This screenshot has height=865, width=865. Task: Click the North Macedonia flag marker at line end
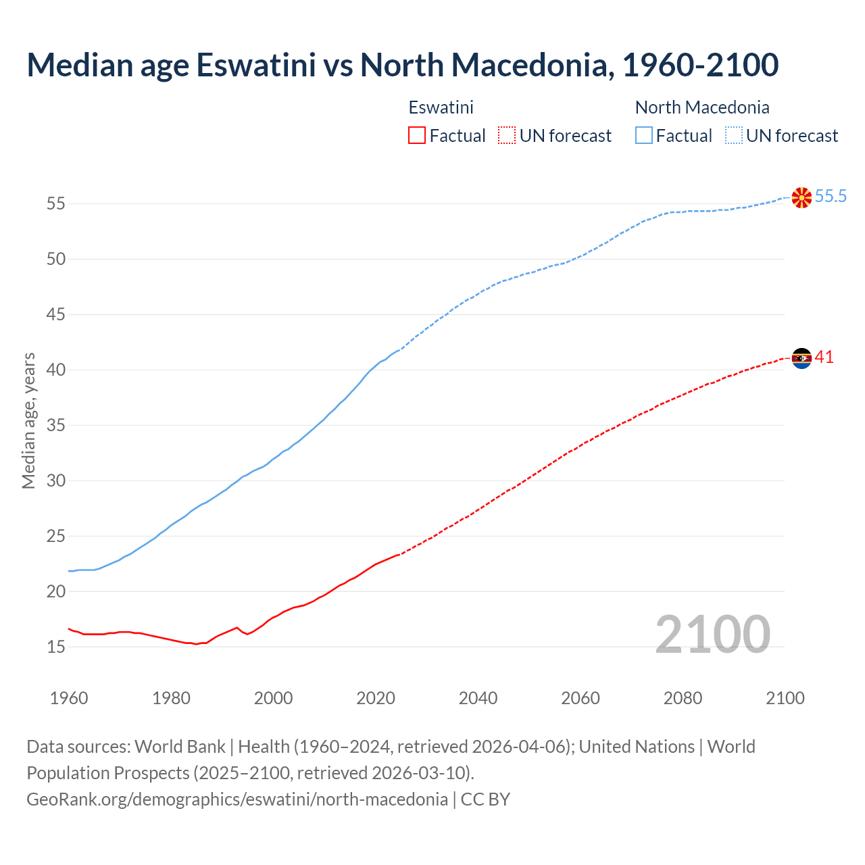point(801,197)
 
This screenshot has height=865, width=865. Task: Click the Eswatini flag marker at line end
point(801,358)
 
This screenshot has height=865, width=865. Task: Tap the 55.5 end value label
point(831,197)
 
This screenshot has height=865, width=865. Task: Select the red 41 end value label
point(824,357)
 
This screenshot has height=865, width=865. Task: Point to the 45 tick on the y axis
point(56,315)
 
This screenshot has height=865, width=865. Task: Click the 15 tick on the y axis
point(56,647)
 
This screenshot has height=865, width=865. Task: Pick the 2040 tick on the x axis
point(478,698)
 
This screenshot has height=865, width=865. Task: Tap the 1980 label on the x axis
point(171,698)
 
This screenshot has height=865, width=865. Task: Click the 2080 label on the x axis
point(683,698)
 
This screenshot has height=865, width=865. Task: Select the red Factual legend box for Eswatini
point(417,136)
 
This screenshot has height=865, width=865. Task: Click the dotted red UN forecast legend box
point(507,136)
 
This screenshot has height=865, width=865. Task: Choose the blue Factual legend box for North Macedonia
point(644,136)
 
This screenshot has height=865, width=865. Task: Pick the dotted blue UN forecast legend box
point(734,136)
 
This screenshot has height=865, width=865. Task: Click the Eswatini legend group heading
point(441,107)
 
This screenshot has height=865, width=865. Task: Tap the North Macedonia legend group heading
point(702,107)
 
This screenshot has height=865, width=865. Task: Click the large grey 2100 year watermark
point(712,635)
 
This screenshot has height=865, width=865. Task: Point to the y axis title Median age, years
point(28,420)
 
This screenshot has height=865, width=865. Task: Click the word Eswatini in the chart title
point(256,65)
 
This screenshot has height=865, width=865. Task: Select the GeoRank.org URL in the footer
point(237,799)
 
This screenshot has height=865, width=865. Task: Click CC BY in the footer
point(485,799)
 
